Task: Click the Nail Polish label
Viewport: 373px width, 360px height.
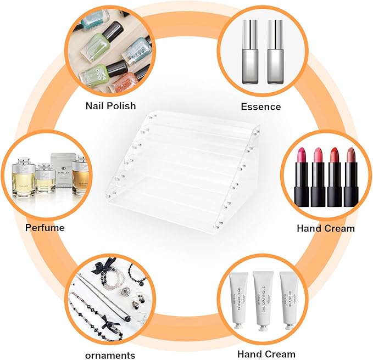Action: click(x=110, y=106)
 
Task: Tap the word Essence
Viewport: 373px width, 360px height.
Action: click(x=260, y=106)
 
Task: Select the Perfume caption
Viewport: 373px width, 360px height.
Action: click(x=44, y=227)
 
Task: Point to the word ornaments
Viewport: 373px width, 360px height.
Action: click(x=110, y=355)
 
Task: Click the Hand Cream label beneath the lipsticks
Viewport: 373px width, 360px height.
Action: click(x=325, y=228)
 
